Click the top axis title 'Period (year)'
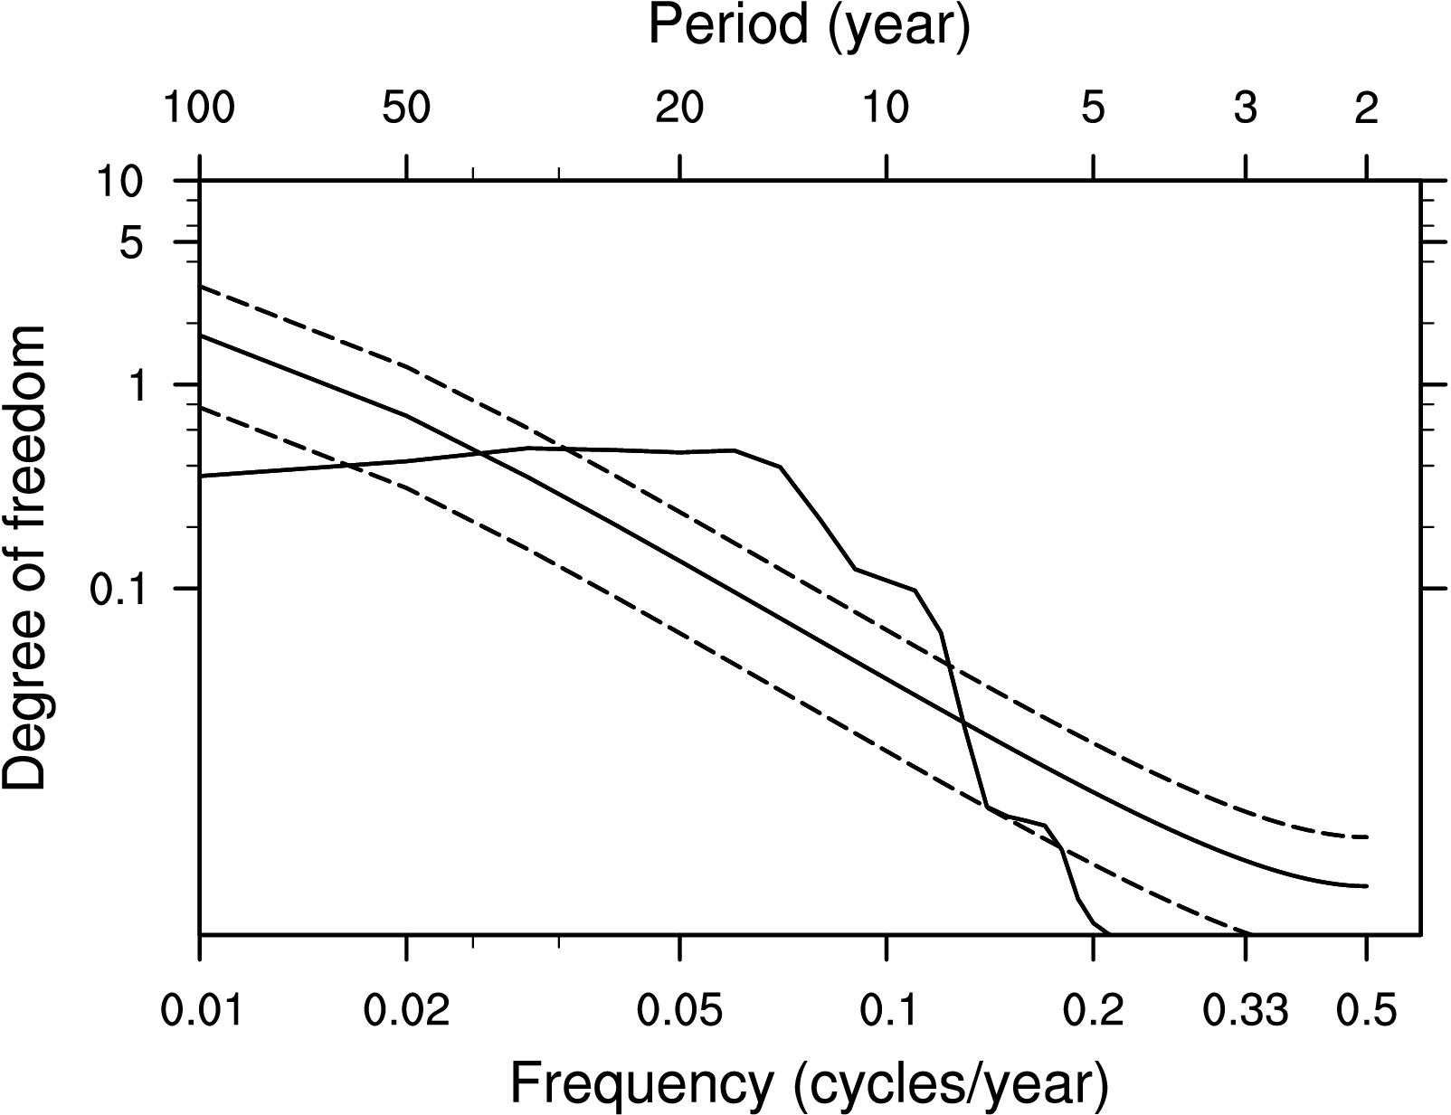809,27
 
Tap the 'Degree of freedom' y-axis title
25,558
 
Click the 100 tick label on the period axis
198,109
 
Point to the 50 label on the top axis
406,109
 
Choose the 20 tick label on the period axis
679,109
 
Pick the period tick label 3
1246,109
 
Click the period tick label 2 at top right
1366,109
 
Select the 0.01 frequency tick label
200,1010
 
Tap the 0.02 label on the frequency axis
406,1010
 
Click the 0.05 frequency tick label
679,1010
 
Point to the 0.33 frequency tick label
1246,1010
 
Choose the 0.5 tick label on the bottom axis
1366,1010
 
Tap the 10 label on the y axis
119,182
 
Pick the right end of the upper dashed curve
1367,837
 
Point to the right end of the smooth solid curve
1367,886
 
